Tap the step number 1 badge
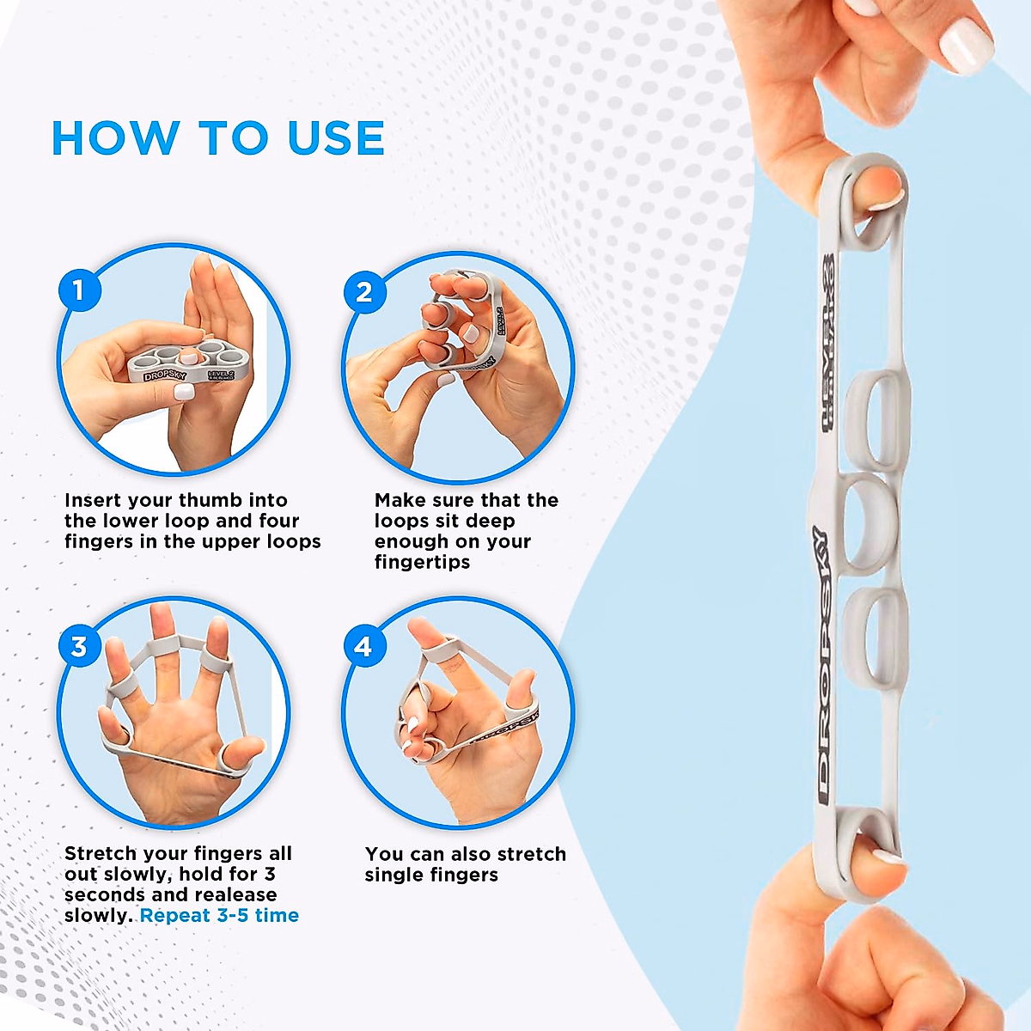tap(79, 290)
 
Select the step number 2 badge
tap(364, 292)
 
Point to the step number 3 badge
tap(79, 646)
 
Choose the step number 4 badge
tap(363, 646)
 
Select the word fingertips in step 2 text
tap(422, 562)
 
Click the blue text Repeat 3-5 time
tap(219, 915)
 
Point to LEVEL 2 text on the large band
tap(827, 344)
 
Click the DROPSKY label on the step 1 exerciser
tap(164, 375)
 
